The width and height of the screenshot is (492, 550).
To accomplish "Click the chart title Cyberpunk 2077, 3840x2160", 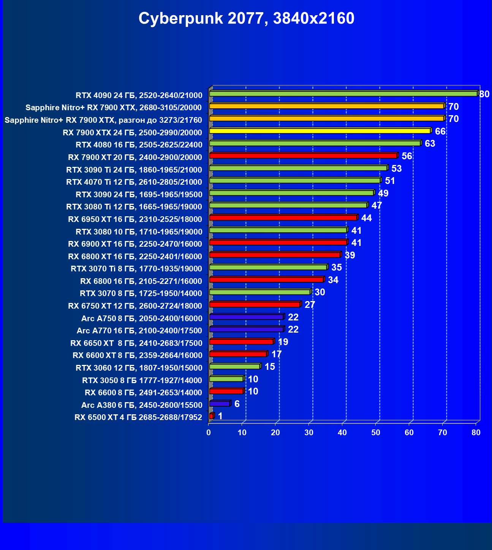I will (246, 18).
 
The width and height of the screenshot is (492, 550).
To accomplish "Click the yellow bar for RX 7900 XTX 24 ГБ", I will (320, 131).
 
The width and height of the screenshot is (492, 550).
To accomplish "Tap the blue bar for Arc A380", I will (220, 404).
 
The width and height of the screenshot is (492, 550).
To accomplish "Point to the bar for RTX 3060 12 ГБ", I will (234, 366).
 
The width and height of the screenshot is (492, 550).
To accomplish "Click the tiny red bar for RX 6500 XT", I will (211, 416).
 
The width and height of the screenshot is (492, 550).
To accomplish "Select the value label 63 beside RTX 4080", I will (430, 144).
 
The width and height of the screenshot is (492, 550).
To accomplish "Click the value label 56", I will (407, 156).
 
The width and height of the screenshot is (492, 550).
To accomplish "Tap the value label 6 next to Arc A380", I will (237, 404).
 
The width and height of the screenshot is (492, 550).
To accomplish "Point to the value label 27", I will (310, 305).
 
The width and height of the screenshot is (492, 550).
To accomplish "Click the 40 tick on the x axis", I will (342, 433).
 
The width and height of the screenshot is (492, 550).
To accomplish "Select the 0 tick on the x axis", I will (209, 433).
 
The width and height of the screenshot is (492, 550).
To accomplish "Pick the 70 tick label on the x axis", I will (443, 433).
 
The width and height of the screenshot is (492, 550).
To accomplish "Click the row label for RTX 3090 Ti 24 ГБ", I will (134, 170).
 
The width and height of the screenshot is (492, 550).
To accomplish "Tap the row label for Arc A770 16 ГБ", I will (139, 331).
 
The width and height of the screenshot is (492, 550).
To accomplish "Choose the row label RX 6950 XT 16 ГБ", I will (135, 219).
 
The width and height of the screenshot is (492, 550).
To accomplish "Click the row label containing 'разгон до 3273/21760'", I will (103, 120).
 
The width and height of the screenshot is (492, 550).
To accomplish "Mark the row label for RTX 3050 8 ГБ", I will (142, 380).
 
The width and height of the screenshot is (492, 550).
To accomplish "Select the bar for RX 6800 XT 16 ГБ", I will (275, 255).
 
